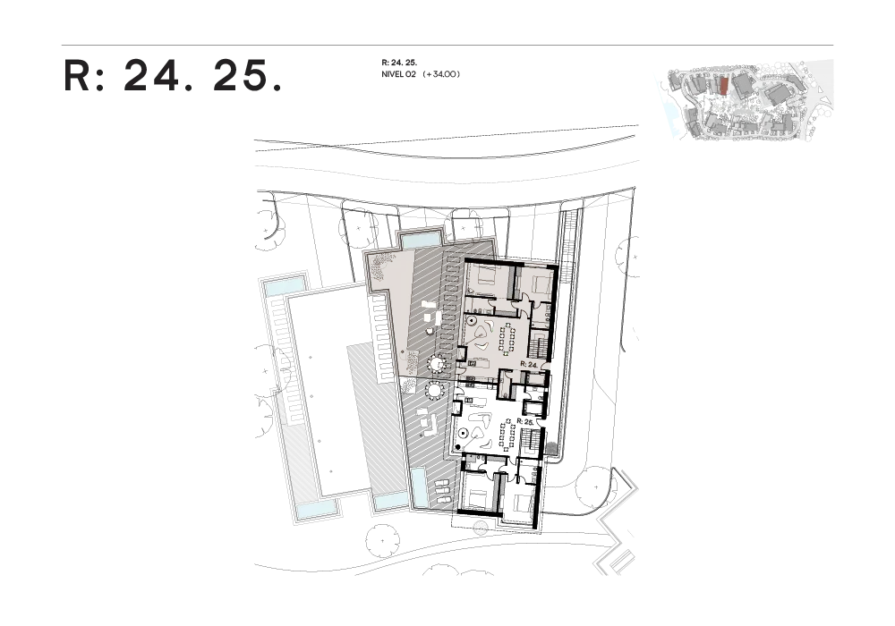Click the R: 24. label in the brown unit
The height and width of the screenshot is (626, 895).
coord(531,366)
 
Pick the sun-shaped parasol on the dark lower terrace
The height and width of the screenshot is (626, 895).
coord(435,391)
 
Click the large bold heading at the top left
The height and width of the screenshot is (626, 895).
coord(175,76)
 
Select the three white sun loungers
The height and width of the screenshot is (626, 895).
coord(442,491)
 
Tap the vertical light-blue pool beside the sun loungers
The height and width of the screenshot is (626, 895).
coord(419,487)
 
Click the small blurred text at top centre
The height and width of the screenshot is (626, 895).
coord(422,69)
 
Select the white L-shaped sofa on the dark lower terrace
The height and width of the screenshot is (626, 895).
coord(428,422)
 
